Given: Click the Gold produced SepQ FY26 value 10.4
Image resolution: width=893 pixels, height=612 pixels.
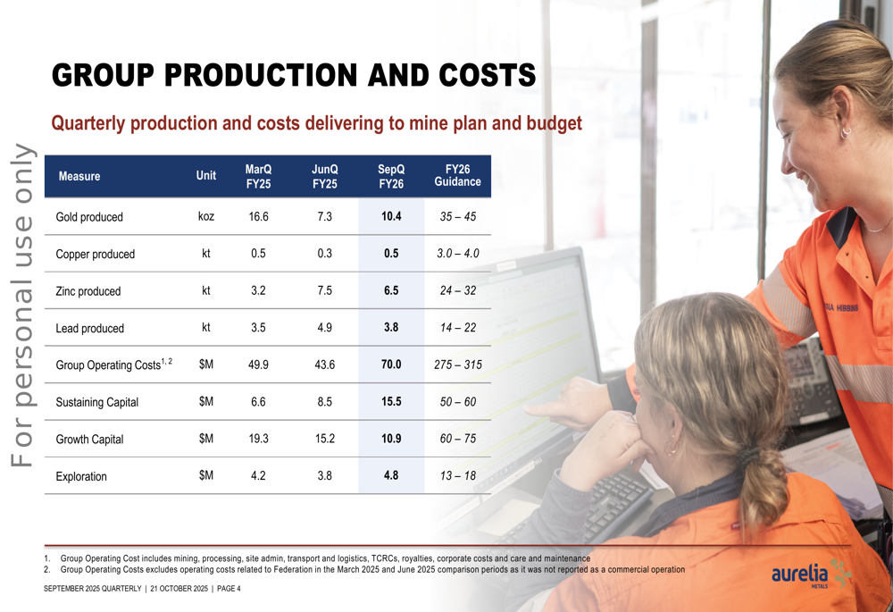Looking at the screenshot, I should click(390, 217).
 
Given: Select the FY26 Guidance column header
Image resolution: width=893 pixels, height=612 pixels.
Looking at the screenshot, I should click(457, 175).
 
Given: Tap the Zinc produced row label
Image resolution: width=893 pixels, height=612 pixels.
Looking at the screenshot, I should click(88, 291).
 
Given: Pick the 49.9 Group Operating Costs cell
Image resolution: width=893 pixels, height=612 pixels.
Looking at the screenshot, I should click(258, 365).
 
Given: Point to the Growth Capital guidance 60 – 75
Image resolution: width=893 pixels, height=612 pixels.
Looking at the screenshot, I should click(457, 440).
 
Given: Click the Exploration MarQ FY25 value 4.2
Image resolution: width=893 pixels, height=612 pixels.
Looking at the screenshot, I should click(258, 476).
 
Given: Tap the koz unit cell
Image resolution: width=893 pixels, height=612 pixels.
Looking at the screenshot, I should click(206, 217).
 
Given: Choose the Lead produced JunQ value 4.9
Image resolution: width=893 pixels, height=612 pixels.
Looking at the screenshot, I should click(324, 328).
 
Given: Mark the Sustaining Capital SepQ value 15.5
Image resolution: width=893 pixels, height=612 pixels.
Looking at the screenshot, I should click(390, 402).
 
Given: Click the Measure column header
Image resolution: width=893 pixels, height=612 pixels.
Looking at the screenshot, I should click(79, 176).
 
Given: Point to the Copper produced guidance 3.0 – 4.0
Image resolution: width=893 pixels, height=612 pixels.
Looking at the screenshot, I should click(457, 254).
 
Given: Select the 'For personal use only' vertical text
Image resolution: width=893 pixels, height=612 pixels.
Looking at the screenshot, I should click(23, 304).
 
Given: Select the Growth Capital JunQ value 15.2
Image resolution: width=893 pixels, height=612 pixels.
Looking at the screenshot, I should click(324, 440).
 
